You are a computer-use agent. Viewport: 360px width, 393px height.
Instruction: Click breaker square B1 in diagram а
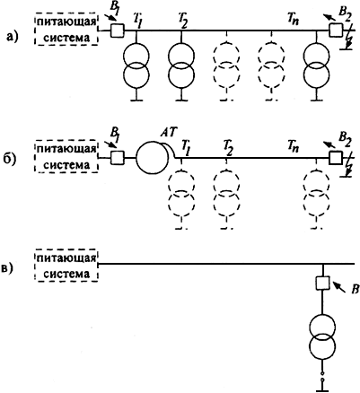click(x=118, y=31)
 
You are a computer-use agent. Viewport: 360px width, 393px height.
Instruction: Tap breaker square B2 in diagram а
click(x=336, y=30)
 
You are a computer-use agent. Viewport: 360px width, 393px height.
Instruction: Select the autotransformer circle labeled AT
click(x=153, y=158)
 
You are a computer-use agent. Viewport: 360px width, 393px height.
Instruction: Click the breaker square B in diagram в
click(x=323, y=283)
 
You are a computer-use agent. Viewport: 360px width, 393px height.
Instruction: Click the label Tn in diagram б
click(x=294, y=146)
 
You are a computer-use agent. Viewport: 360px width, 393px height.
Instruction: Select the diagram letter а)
click(x=13, y=37)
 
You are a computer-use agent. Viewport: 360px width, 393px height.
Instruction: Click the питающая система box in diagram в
click(x=66, y=265)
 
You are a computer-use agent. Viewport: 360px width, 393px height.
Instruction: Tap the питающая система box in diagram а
click(x=66, y=29)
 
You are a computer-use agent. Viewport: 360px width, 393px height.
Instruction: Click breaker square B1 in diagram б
click(x=118, y=158)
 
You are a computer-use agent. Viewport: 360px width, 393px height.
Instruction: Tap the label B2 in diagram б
click(x=344, y=139)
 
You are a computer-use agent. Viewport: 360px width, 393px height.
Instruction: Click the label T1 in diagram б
click(x=184, y=147)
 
